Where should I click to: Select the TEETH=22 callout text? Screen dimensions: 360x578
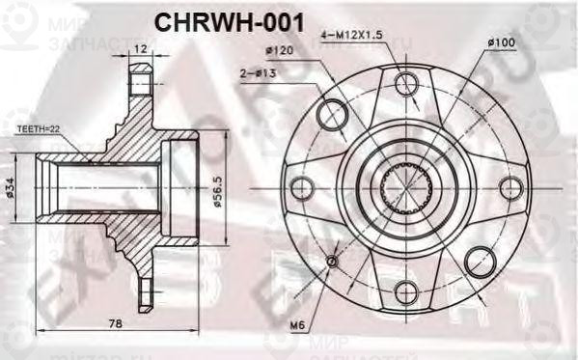[41, 127]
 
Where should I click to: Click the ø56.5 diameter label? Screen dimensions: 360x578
[218, 184]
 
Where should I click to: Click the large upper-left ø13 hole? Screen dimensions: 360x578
[332, 113]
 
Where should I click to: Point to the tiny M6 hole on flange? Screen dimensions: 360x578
[333, 261]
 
